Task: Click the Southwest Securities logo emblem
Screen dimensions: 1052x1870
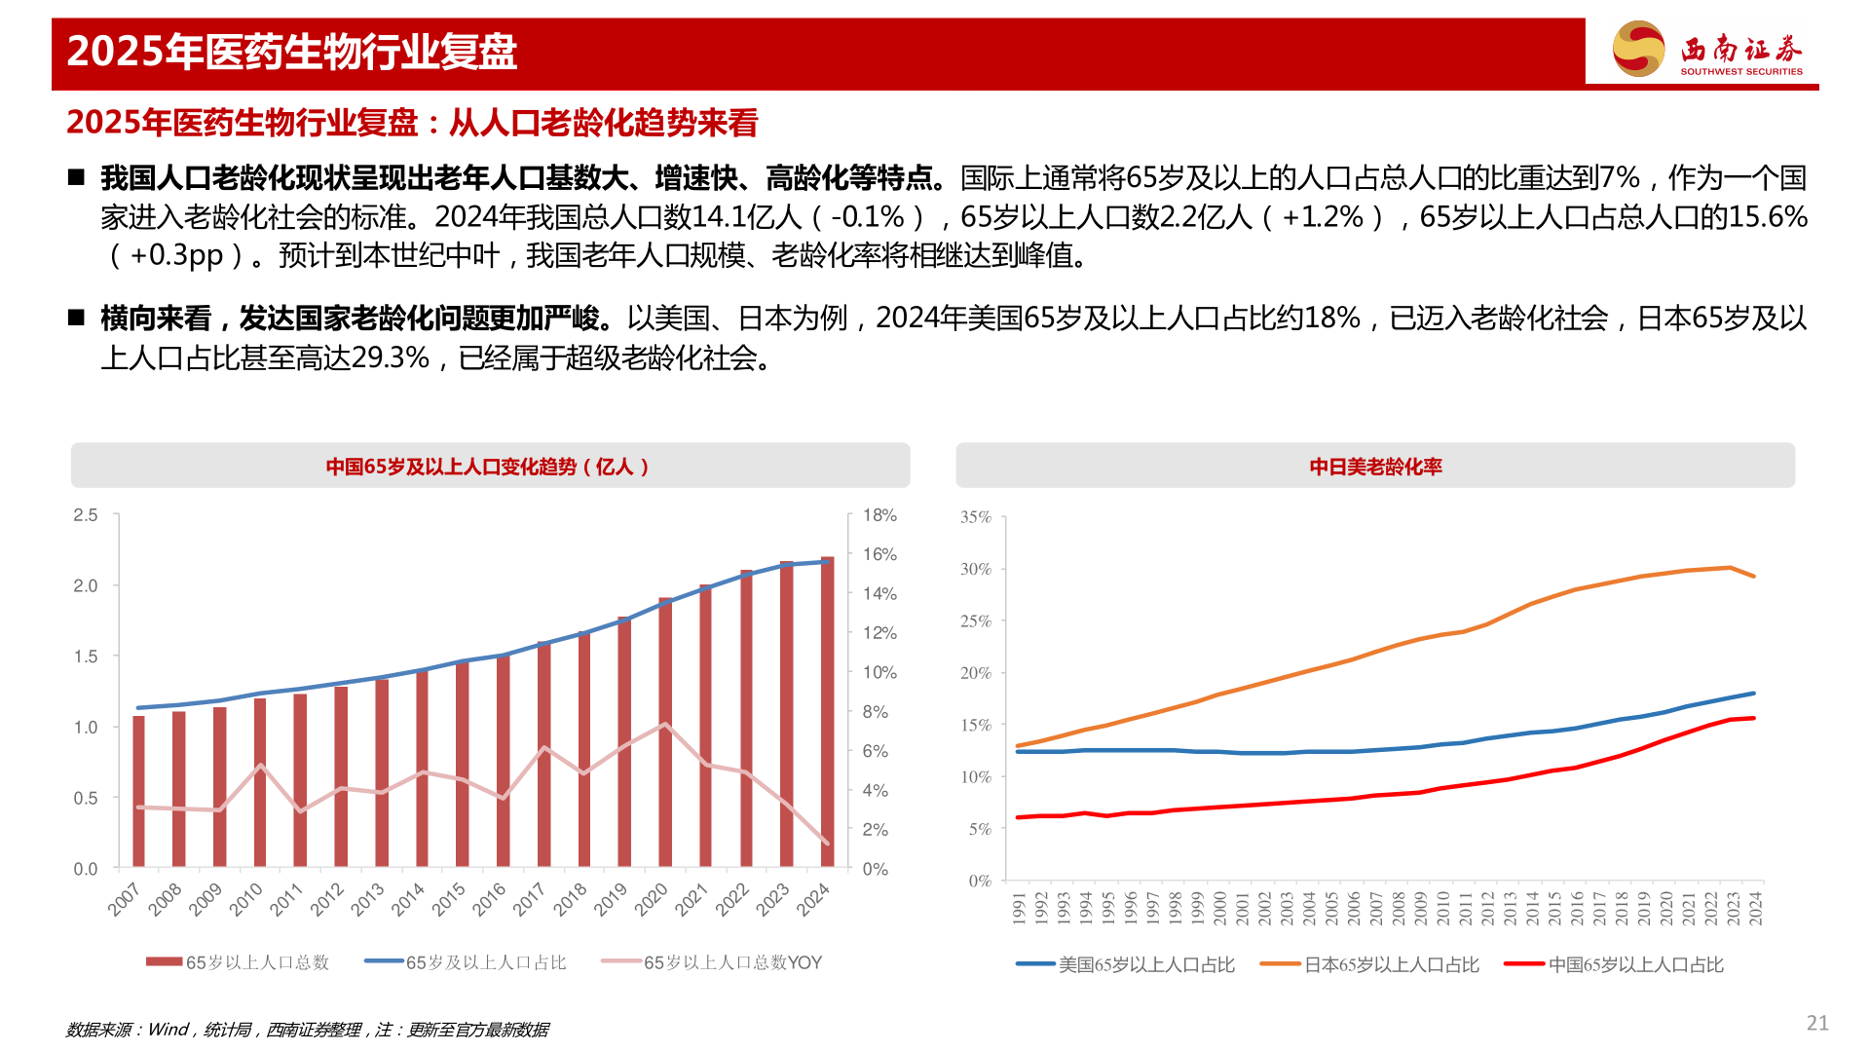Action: [1638, 49]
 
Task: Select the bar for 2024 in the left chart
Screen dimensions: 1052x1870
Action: [827, 711]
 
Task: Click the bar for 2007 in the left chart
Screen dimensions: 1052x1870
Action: [138, 791]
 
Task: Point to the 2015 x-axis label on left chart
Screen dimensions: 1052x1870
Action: [449, 899]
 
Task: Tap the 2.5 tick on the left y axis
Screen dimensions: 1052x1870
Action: [86, 515]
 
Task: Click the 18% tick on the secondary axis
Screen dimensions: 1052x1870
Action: [879, 515]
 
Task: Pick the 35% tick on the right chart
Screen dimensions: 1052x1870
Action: [975, 517]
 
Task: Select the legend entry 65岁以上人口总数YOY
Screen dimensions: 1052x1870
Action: [731, 962]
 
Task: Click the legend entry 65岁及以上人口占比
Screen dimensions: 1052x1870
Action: [485, 962]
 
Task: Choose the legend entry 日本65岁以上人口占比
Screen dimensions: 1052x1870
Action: [1391, 964]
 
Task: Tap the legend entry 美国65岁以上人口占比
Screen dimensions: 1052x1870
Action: [1145, 964]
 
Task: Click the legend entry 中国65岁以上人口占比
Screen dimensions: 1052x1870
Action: [1635, 964]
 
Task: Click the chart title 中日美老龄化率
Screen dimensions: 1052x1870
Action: [1375, 467]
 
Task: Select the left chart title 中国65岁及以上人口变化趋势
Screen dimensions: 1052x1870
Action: [487, 467]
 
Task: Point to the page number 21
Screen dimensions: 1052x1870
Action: [1817, 1023]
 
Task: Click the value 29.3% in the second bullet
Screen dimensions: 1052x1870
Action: [391, 357]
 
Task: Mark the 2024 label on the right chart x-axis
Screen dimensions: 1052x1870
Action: [1755, 908]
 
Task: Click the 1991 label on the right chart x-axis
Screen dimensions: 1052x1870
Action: [1019, 908]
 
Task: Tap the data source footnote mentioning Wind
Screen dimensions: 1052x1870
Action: [307, 1030]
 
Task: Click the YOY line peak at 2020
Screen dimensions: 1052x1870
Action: [665, 724]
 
